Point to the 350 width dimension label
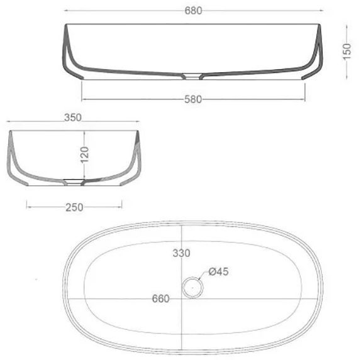tap(73, 117)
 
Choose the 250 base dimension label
tap(74, 207)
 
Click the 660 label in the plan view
tap(161, 298)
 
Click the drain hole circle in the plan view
tap(192, 288)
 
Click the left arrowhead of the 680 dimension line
tap(67, 11)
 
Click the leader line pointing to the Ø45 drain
tap(204, 277)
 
